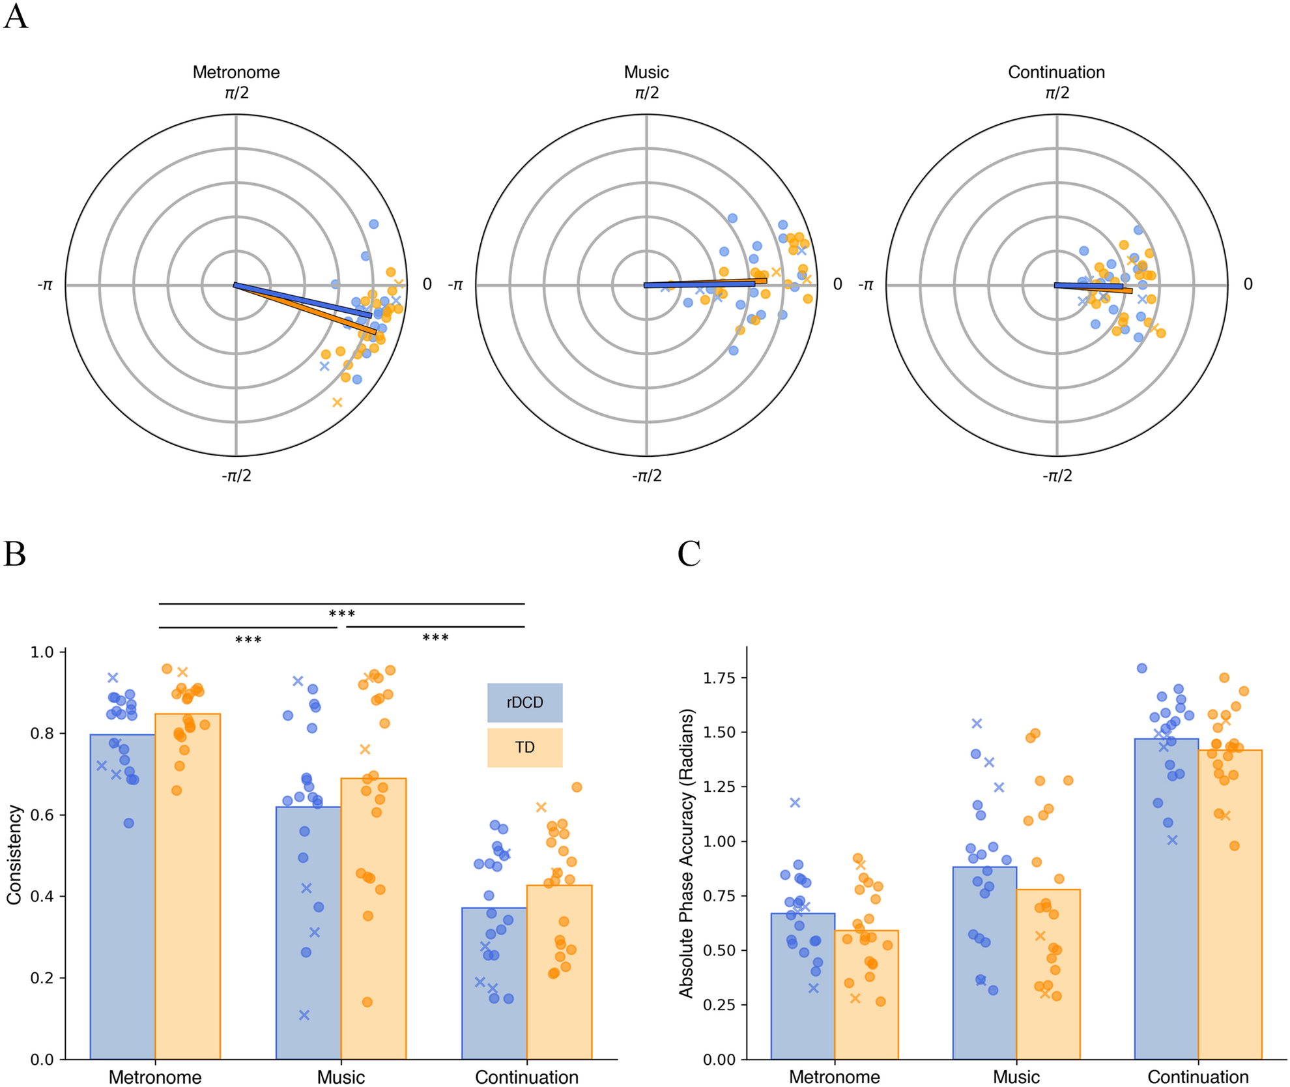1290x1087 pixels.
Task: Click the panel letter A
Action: tap(16, 17)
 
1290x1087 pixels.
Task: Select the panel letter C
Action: tap(689, 555)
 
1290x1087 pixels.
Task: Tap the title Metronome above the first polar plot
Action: tap(236, 72)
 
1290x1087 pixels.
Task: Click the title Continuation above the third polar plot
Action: tap(1056, 72)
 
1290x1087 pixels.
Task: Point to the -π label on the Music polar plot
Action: tap(455, 285)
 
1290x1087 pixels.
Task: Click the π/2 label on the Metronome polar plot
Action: tap(236, 93)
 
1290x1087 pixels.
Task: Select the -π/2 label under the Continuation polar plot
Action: tap(1056, 476)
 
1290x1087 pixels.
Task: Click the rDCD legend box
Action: tap(524, 703)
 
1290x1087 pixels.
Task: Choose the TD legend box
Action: tap(524, 747)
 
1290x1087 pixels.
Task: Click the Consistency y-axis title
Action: tap(14, 855)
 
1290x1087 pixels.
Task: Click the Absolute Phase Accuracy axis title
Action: tap(686, 854)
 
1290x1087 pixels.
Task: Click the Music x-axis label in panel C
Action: tap(1016, 1077)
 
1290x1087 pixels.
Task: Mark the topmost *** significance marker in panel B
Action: tap(341, 615)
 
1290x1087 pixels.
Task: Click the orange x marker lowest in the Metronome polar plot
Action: tap(337, 403)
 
